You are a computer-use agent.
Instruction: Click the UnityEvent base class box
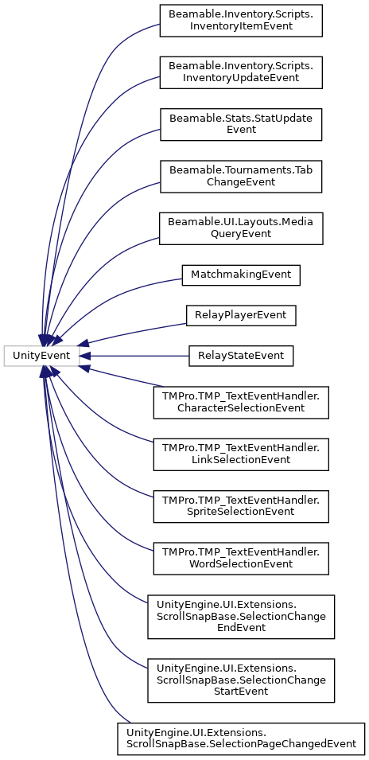click(x=41, y=357)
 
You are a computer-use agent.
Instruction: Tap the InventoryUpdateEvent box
click(x=241, y=72)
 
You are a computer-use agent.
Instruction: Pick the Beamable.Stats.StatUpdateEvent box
click(x=241, y=125)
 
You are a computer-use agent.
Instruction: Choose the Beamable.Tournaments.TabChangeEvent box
click(x=241, y=177)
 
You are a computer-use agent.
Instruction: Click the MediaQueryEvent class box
click(x=241, y=228)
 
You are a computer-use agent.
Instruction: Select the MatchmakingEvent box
click(x=241, y=275)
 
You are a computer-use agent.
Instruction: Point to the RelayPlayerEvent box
click(x=241, y=315)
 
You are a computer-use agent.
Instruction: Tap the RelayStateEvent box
click(x=241, y=357)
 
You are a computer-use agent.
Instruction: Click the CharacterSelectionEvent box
click(x=241, y=403)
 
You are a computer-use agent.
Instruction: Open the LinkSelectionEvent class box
click(x=241, y=454)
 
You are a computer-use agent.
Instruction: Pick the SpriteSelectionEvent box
click(x=241, y=506)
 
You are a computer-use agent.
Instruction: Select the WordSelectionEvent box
click(x=241, y=559)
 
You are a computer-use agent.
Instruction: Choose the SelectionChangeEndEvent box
click(x=241, y=617)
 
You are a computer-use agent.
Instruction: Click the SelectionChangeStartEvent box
click(x=241, y=680)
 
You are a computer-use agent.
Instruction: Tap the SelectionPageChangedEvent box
click(x=241, y=739)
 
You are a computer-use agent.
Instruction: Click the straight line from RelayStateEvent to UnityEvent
click(x=139, y=357)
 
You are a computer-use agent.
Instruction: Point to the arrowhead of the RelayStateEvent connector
click(x=84, y=357)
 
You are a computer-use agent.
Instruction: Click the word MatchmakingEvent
click(x=241, y=275)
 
